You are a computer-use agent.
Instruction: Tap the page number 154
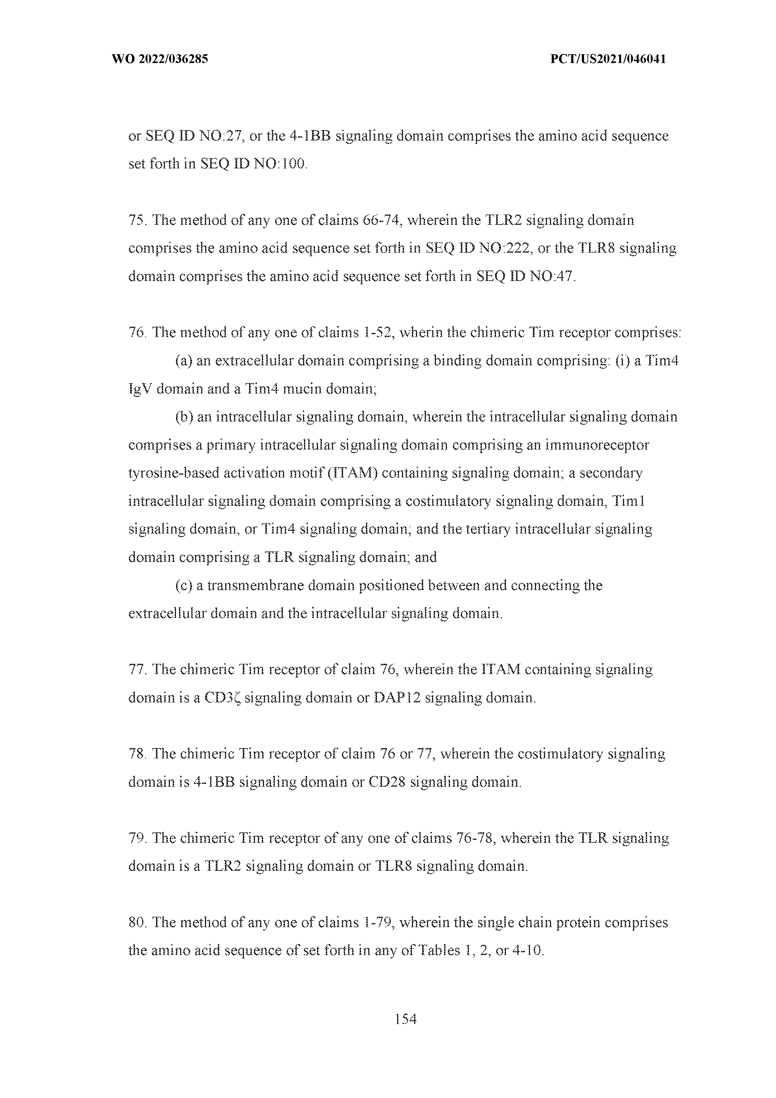(x=406, y=1020)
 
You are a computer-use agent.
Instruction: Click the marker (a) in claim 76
(x=184, y=361)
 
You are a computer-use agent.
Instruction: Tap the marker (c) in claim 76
(x=184, y=586)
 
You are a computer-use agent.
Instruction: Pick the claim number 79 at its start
(x=137, y=839)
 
